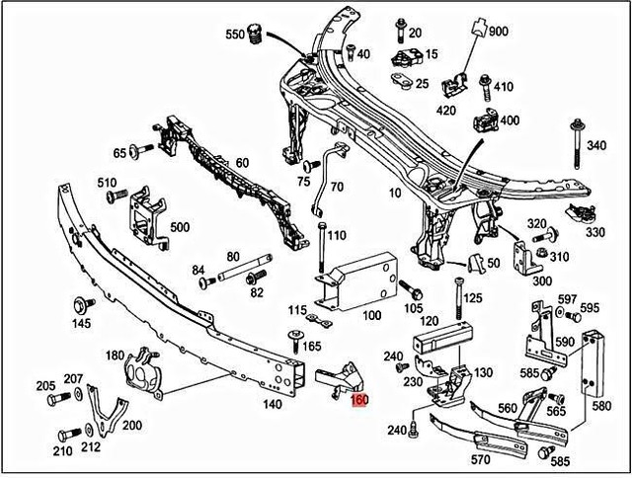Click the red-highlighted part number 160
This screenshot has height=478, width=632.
pos(359,401)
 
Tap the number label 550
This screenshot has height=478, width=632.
pos(235,34)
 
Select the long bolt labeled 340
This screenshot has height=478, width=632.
pos(576,152)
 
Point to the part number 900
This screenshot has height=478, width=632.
pos(499,33)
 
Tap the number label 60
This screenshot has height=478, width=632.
pos(242,163)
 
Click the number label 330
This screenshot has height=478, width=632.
pos(594,232)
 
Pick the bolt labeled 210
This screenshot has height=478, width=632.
pos(67,434)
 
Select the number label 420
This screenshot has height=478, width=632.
pos(445,110)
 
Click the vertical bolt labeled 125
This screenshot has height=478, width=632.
pos(459,296)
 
